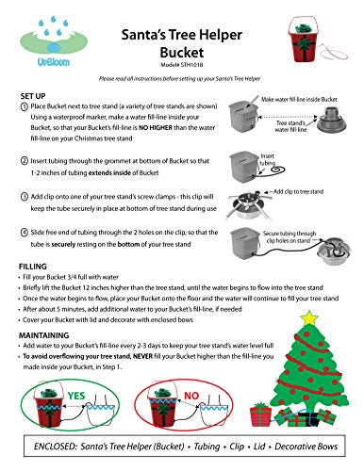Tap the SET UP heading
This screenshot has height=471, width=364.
(36, 97)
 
